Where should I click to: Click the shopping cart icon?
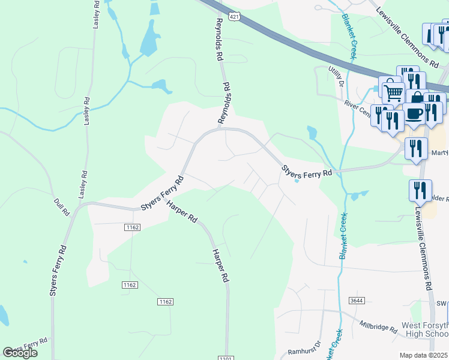pyautogui.click(x=392, y=92)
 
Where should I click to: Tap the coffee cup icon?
pyautogui.click(x=414, y=112)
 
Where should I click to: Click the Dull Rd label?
pyautogui.click(x=61, y=207)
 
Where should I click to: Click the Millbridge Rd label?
pyautogui.click(x=379, y=327)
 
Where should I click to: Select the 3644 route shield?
pyautogui.click(x=356, y=299)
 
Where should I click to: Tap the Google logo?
pyautogui.click(x=20, y=353)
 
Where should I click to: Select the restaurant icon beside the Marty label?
pyautogui.click(x=415, y=148)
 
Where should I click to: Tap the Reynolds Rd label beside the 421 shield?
pyautogui.click(x=220, y=40)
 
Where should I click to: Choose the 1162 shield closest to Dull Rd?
pyautogui.click(x=133, y=227)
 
